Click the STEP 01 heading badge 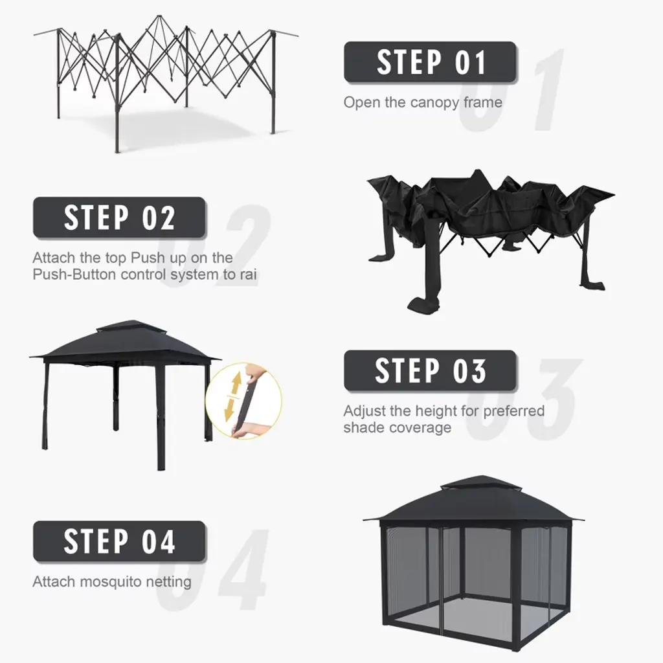430,62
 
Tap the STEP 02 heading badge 119,218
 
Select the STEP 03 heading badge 430,371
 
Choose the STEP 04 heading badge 119,542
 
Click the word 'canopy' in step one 434,103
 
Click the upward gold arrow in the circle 236,384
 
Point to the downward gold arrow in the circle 230,409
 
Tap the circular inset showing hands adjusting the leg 243,401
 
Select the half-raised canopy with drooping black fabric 491,240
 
